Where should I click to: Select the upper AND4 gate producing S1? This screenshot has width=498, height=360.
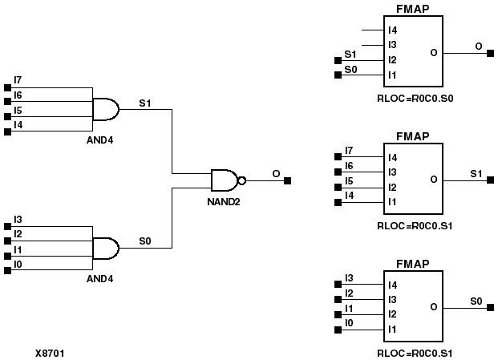click(x=106, y=110)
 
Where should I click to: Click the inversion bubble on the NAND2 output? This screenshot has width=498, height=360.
click(x=242, y=180)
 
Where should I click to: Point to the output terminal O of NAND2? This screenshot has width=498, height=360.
click(x=288, y=180)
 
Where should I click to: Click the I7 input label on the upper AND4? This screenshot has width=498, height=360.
click(x=18, y=80)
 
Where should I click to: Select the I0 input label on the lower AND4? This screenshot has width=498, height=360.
click(x=18, y=264)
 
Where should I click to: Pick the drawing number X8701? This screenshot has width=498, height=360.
click(x=51, y=352)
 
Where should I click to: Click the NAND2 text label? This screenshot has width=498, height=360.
click(x=224, y=202)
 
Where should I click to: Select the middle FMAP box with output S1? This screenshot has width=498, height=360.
click(x=412, y=179)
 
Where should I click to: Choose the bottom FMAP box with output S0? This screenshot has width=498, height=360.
click(x=412, y=306)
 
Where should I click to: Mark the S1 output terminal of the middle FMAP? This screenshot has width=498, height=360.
click(x=490, y=180)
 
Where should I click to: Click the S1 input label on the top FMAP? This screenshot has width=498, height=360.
click(x=350, y=55)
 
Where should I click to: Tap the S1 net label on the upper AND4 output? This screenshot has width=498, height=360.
click(x=144, y=103)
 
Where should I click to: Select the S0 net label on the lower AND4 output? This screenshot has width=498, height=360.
click(x=144, y=241)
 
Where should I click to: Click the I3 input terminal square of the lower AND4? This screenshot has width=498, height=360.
click(x=7, y=220)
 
